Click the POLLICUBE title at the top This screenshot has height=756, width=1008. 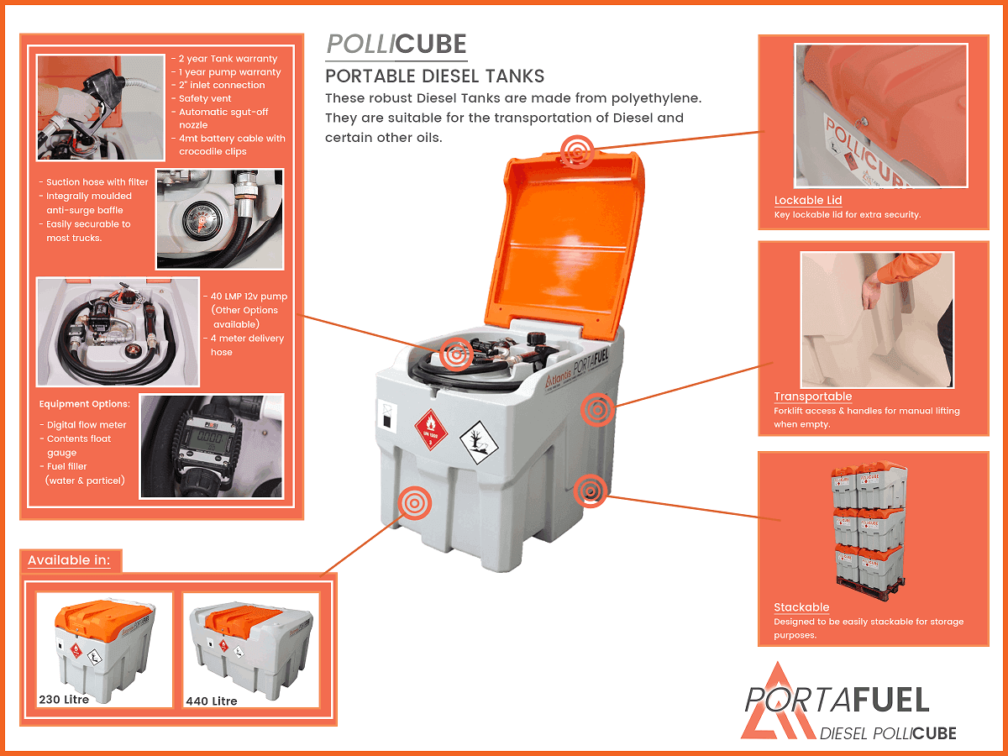point(396,45)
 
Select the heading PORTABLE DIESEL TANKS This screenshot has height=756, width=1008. point(434,76)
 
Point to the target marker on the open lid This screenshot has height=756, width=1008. point(577,151)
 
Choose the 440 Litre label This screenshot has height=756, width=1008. point(212,701)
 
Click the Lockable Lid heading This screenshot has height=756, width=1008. point(807,200)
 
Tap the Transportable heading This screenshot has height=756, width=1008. point(812,396)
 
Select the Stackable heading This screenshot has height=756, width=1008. point(801,607)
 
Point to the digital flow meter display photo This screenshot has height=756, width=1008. point(212,445)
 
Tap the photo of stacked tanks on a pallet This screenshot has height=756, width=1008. point(869,526)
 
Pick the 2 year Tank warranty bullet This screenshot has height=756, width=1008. point(227,59)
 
